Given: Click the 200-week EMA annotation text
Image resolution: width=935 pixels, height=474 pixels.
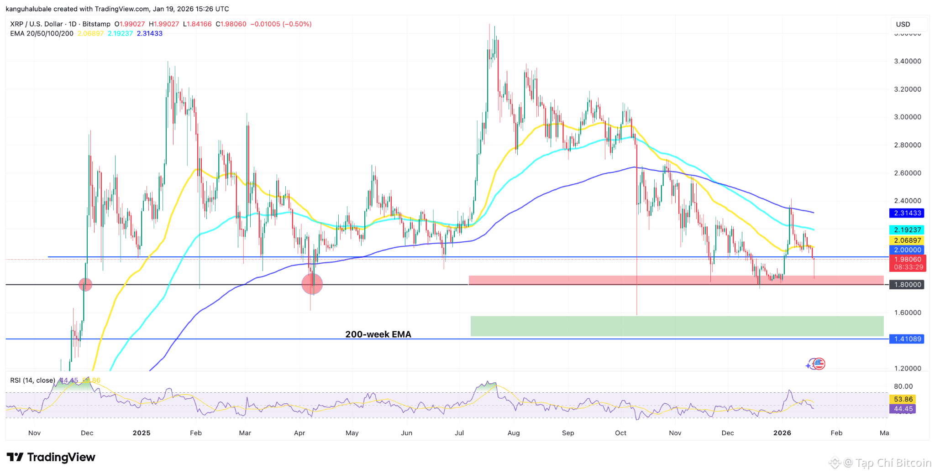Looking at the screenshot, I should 378,334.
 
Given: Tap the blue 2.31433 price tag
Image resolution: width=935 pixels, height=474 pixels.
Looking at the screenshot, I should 907,213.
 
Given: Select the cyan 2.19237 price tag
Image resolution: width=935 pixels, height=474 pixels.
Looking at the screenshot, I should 907,230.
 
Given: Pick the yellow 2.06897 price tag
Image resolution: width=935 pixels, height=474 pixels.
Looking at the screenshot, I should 907,240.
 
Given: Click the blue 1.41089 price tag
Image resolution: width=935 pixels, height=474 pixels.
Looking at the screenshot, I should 907,339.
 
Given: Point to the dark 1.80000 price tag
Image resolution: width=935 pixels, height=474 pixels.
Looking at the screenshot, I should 907,285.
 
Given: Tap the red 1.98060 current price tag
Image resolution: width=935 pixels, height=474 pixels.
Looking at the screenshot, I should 908,263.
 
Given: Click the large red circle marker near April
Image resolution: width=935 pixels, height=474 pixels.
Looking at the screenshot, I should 312,284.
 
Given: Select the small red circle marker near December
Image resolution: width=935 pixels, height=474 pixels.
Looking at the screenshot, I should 85,285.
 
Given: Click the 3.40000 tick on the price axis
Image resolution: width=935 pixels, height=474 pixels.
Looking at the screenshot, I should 907,61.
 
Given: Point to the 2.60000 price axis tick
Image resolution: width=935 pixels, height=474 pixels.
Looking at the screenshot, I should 907,173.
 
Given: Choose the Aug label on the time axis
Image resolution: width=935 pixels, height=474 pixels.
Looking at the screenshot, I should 514,433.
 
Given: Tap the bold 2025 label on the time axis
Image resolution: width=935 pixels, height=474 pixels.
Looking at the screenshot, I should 142,433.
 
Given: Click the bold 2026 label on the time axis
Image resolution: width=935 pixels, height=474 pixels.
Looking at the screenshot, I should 782,433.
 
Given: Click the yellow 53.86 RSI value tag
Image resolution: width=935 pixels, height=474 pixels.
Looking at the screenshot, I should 903,399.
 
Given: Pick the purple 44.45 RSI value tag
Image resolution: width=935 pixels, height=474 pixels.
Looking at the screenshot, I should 903,409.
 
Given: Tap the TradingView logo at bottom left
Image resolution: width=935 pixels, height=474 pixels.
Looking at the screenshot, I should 51,457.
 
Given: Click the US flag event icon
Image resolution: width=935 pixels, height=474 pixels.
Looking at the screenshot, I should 819,364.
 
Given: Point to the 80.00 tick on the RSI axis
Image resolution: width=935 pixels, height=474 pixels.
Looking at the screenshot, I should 903,386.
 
